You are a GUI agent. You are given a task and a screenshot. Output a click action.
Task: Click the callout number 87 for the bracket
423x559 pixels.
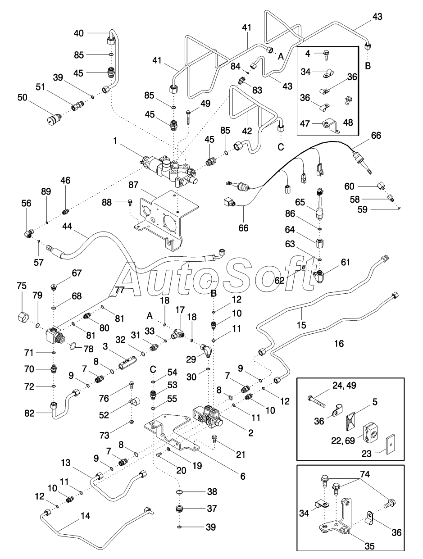(133, 185)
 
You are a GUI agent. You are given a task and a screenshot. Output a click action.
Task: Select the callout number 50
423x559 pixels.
(23, 97)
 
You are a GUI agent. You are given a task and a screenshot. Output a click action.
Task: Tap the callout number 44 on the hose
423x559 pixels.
(67, 226)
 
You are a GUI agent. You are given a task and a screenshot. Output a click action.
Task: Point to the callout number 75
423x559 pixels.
(22, 286)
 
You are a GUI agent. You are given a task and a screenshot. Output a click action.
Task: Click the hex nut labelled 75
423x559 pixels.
(23, 317)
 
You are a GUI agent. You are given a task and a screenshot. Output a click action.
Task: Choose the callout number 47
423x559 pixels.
(305, 123)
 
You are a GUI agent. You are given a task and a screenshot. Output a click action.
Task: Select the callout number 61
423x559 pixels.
(346, 262)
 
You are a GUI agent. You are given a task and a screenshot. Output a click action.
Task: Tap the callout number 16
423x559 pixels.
(339, 343)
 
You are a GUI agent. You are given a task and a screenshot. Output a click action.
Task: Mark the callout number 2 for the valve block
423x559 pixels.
(251, 432)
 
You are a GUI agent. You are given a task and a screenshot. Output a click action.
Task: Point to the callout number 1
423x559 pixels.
(115, 141)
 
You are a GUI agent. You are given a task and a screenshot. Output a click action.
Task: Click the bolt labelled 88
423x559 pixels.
(130, 203)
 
